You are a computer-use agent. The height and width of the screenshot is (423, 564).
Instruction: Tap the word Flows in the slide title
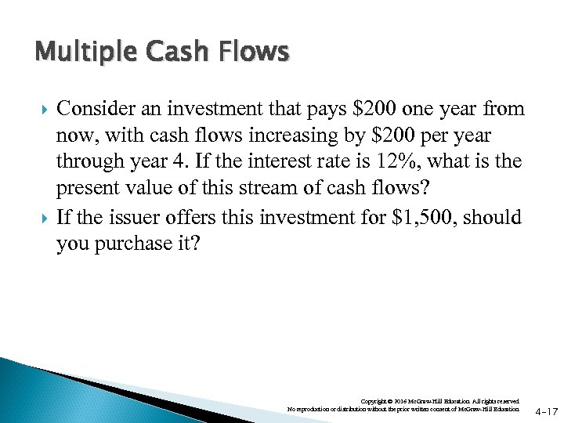tap(255, 52)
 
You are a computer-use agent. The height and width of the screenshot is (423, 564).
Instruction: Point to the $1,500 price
tap(425, 217)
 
